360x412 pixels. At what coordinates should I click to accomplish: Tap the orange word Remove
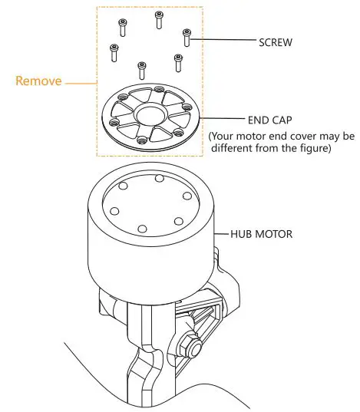point(38,81)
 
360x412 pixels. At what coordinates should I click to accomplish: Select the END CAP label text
point(268,120)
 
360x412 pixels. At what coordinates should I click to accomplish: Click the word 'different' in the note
point(239,149)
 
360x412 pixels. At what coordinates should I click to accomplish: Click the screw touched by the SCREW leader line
point(187,36)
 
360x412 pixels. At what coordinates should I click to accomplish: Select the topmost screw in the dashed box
point(159,19)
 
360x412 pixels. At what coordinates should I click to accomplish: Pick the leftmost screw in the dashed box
point(114,52)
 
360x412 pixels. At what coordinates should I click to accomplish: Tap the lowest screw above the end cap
point(141,69)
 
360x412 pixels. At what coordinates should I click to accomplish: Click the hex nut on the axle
point(192,346)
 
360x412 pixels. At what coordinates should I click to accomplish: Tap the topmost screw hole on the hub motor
point(158,179)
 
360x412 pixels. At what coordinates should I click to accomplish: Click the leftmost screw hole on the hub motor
point(113,209)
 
